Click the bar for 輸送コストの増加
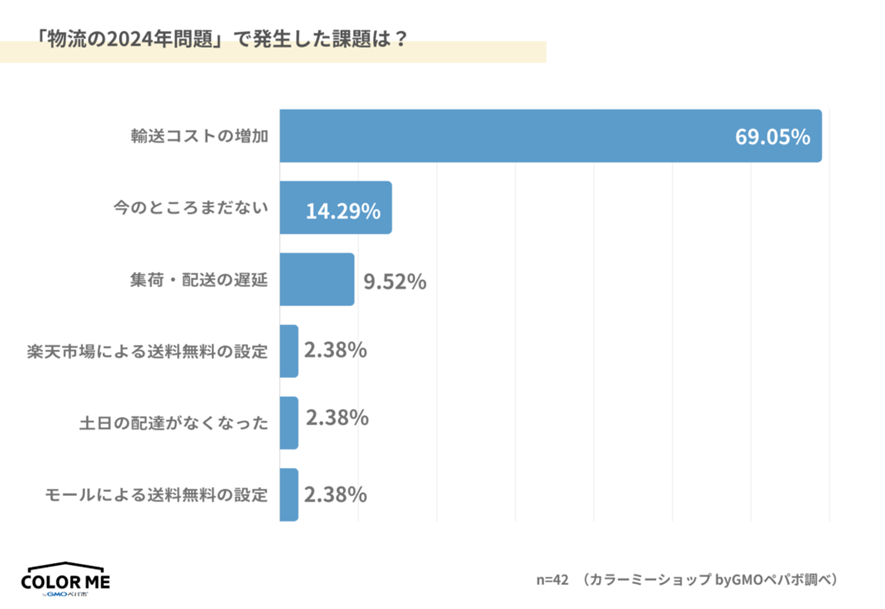click(550, 135)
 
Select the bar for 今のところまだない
click(335, 208)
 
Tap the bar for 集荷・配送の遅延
click(317, 279)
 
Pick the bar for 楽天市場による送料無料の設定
click(289, 351)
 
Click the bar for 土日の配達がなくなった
click(289, 422)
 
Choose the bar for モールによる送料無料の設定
click(289, 494)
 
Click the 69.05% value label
click(772, 137)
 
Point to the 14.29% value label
click(342, 211)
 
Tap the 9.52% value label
click(395, 282)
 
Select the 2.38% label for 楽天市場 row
click(336, 351)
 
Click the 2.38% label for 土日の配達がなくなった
click(336, 418)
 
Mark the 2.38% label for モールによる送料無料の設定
click(336, 494)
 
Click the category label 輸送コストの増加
click(200, 136)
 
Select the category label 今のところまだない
click(192, 208)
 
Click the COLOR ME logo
click(66, 580)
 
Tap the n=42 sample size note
click(552, 580)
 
